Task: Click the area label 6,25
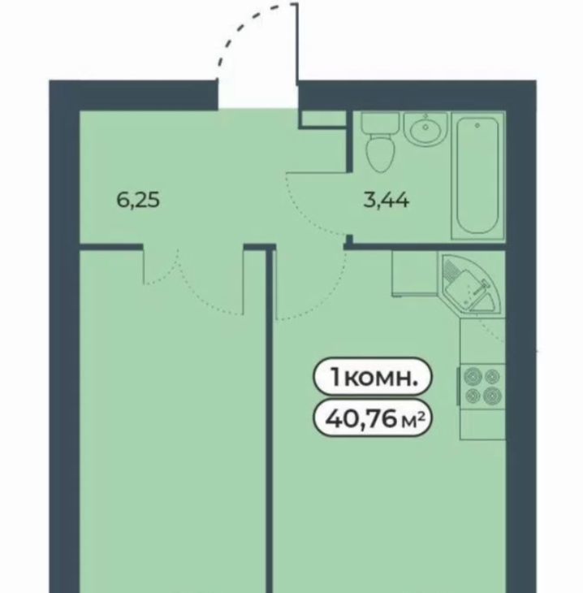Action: [x=138, y=200]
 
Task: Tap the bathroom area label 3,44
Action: [x=386, y=200]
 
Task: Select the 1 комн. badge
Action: [x=373, y=378]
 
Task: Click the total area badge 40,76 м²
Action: [x=373, y=418]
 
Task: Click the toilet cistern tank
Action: [x=380, y=123]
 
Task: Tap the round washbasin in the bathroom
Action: [x=425, y=128]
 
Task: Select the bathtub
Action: [x=478, y=175]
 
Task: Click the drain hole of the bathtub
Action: [x=477, y=125]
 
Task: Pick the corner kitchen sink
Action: [x=471, y=283]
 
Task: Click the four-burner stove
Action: [x=482, y=386]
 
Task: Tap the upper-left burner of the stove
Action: [x=473, y=376]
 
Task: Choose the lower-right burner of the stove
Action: [x=493, y=396]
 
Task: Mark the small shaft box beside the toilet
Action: [x=324, y=119]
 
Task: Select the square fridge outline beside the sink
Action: [x=415, y=273]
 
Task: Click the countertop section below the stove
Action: [x=483, y=424]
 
